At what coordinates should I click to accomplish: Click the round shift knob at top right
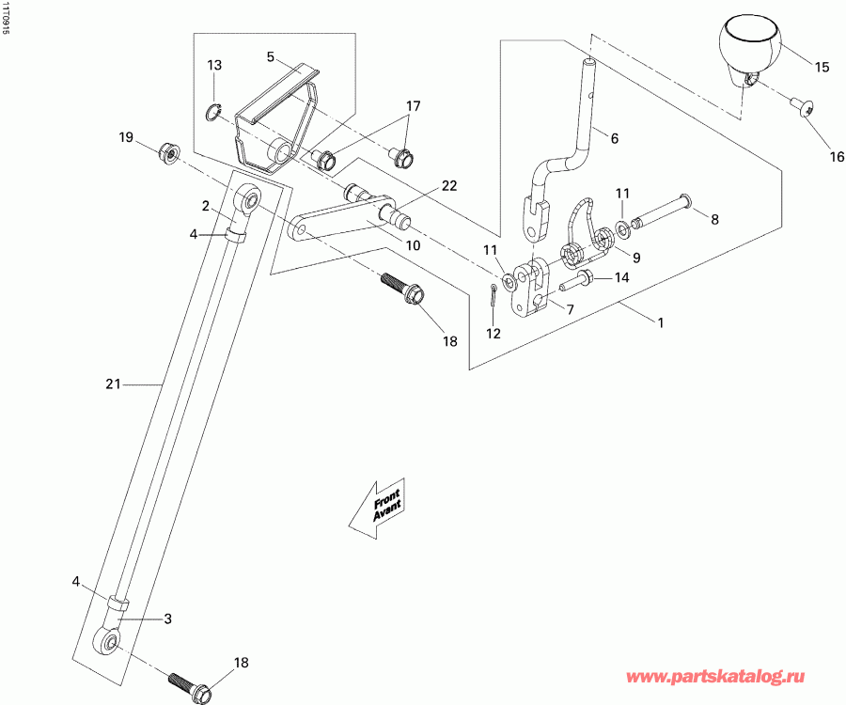(750, 47)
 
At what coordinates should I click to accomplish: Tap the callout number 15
(822, 68)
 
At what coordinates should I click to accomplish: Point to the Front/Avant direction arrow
(376, 508)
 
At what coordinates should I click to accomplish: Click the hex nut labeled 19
(169, 149)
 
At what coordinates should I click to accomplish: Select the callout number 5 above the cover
(270, 57)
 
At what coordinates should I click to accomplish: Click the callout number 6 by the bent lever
(614, 139)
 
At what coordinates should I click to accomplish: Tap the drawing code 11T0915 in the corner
(8, 19)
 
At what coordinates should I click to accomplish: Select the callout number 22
(449, 185)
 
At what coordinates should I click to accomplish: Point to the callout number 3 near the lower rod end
(168, 619)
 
